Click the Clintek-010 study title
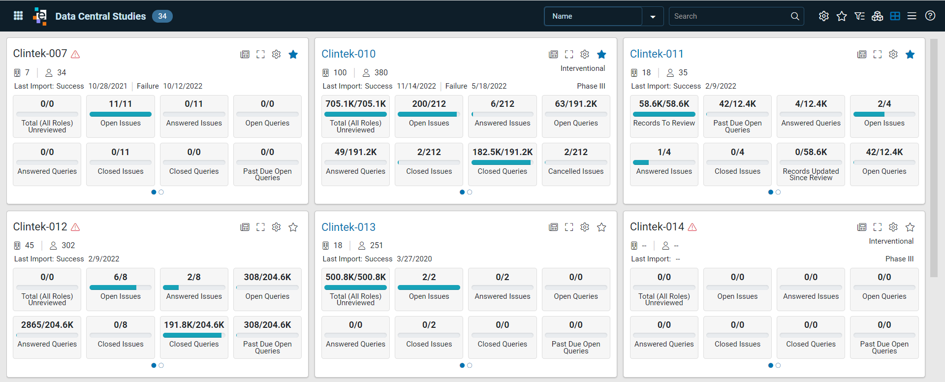[x=348, y=54]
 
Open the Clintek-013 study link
[x=348, y=227]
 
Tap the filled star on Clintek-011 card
[x=910, y=54]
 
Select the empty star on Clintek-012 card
[x=293, y=227]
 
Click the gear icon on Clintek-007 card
[x=276, y=54]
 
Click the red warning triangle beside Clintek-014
[x=692, y=227]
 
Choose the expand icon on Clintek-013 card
[x=569, y=227]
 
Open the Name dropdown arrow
[x=653, y=17]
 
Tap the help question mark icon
[x=930, y=16]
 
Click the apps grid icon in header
[x=18, y=16]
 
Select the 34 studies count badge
[x=162, y=16]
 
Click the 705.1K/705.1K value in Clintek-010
[x=355, y=104]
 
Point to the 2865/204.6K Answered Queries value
[x=47, y=325]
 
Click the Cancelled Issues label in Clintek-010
[x=576, y=171]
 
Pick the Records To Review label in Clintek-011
[x=664, y=123]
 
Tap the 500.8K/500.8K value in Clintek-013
[x=355, y=277]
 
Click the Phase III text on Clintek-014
[x=899, y=259]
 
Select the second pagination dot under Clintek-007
[x=161, y=192]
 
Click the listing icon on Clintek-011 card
[x=862, y=54]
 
